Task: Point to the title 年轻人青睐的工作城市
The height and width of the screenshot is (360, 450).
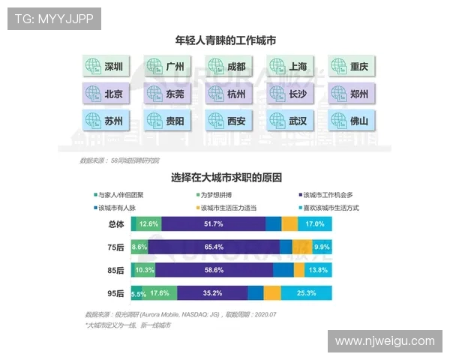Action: [226, 40]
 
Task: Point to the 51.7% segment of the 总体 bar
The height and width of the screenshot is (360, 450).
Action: [213, 223]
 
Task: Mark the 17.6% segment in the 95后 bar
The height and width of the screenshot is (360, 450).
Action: [160, 293]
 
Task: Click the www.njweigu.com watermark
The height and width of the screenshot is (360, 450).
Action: [385, 341]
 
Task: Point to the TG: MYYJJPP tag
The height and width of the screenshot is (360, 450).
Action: [54, 19]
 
